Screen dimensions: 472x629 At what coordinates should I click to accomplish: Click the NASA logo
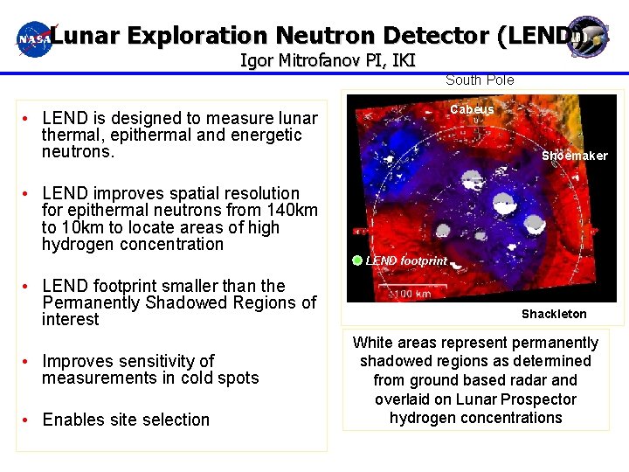35,39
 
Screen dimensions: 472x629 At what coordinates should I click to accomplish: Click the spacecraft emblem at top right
586,37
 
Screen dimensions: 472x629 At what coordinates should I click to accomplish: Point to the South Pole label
480,80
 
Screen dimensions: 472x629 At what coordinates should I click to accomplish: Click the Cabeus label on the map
472,110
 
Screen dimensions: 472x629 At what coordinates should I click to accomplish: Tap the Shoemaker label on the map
574,156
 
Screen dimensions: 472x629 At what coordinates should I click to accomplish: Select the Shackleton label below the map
554,314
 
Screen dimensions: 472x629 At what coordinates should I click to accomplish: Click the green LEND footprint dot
357,260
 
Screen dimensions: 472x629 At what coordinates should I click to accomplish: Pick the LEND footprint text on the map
406,260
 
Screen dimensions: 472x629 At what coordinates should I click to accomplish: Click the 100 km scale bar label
412,294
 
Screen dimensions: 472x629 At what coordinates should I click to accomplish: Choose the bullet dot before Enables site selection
29,420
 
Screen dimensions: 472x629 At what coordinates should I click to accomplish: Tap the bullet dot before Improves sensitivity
29,362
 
